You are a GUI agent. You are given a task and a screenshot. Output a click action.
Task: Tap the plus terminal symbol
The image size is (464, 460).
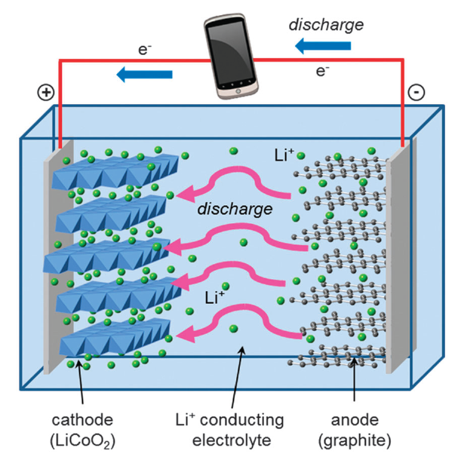46,93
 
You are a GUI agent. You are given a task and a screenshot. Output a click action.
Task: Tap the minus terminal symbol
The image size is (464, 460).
416,93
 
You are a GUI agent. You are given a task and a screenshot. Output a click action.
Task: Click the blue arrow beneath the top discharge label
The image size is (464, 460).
322,47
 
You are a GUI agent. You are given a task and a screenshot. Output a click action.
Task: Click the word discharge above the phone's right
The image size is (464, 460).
326,24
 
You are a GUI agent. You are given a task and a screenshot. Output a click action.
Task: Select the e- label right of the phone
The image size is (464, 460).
322,72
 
